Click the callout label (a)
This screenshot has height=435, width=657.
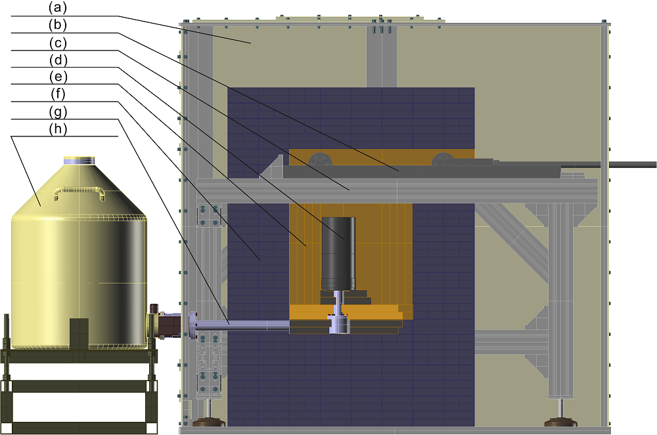[58, 7]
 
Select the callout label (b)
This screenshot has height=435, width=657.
[58, 25]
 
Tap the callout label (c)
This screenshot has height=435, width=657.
[58, 43]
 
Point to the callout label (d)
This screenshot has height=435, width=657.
[58, 60]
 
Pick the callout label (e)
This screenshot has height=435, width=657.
[58, 77]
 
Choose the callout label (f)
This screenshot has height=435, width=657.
[58, 94]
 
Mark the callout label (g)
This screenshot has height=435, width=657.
[58, 112]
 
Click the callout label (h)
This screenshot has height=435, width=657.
[58, 129]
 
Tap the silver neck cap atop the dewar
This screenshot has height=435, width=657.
[79, 160]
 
